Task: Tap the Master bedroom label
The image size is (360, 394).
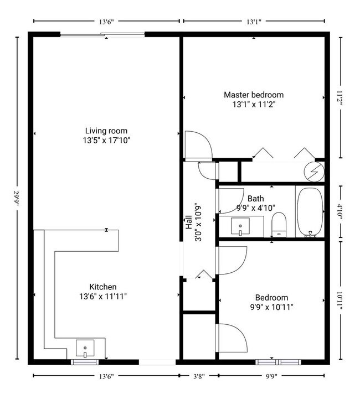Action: tap(253, 95)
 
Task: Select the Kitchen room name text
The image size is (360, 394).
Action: tap(103, 287)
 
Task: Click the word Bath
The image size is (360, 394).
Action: tap(255, 198)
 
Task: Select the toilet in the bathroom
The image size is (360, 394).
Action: tap(279, 226)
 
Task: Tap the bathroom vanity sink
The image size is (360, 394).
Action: tap(239, 226)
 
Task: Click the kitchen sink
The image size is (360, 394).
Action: tap(85, 350)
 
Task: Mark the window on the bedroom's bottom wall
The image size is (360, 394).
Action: tap(277, 362)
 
